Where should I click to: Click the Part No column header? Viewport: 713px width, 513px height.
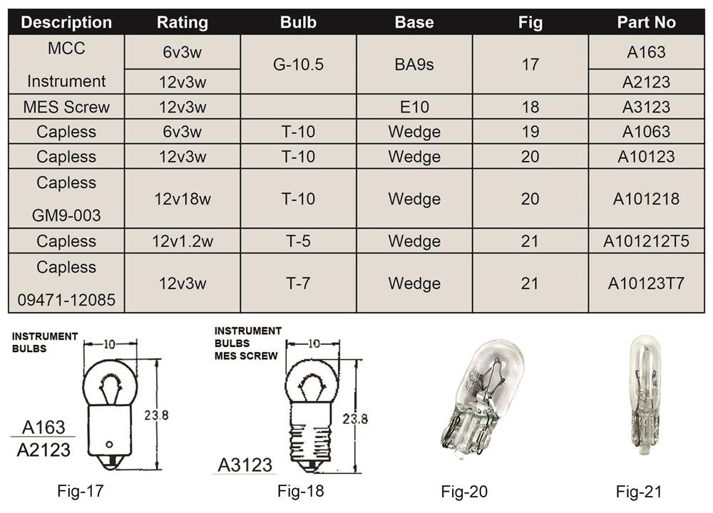point(646,22)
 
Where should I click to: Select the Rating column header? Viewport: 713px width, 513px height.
point(182,22)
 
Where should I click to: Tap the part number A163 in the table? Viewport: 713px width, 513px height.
point(646,52)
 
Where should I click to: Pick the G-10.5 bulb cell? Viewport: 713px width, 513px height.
point(298,65)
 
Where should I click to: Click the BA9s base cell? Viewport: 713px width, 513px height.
point(414,65)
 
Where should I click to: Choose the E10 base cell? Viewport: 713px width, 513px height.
point(414,107)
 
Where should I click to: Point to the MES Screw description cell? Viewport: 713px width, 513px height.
point(66,107)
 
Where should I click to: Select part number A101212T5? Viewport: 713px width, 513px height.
point(646,241)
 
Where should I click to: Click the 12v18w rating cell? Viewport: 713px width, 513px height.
point(182,199)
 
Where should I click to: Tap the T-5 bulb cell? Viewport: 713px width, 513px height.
point(298,241)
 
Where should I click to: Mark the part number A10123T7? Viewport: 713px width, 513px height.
point(646,284)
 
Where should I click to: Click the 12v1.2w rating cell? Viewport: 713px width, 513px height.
point(182,241)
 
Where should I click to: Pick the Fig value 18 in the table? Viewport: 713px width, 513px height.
point(530,107)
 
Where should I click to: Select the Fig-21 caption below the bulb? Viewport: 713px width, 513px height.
point(639,491)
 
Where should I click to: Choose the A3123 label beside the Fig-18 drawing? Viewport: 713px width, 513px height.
point(245,465)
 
